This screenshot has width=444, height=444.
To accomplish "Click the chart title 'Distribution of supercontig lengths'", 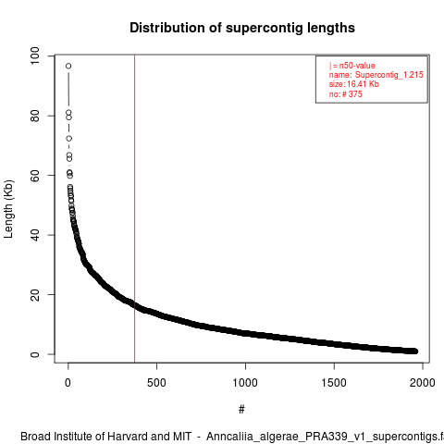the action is (242, 28).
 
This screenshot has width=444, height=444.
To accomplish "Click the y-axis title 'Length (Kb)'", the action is (9, 209).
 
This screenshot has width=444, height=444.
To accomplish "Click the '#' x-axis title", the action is (241, 410).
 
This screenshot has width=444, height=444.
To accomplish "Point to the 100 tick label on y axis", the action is (35, 55).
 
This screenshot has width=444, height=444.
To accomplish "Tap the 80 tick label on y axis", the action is (35, 116).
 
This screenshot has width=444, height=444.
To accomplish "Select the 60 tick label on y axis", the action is (35, 175).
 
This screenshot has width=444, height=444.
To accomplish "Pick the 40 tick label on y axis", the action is (35, 235).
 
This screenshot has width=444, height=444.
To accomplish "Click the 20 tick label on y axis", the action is (35, 294).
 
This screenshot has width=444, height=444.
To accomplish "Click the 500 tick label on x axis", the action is (156, 383).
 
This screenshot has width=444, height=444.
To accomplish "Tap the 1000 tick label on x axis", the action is (245, 383).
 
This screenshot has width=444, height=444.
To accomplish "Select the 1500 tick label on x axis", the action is (334, 383).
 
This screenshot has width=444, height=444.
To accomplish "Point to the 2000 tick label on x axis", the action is (423, 383).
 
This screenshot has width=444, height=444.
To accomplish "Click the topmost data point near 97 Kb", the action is (68, 66).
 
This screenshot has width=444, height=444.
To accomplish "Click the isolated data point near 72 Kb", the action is (68, 139).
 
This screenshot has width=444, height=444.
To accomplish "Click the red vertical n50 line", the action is (135, 209).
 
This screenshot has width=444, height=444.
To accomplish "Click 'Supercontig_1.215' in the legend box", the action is (389, 75).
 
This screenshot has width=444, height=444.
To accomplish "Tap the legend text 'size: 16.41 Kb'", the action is (354, 84).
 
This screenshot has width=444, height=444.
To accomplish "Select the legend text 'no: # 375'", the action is (346, 94).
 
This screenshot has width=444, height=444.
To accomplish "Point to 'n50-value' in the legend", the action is (357, 66).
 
